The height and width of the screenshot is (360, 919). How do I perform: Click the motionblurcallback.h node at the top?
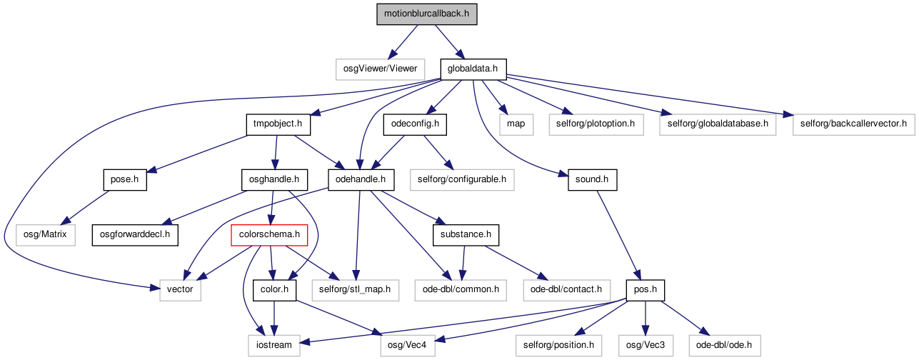click(x=427, y=14)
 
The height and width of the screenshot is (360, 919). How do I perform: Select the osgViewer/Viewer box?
click(x=380, y=69)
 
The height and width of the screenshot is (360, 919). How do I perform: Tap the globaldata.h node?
click(x=473, y=69)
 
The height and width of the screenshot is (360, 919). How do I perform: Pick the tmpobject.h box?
click(x=278, y=124)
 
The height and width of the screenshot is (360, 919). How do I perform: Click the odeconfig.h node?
click(x=415, y=124)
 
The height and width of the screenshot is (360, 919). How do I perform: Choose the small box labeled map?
click(x=516, y=124)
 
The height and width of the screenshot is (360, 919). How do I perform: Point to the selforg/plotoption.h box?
click(x=596, y=124)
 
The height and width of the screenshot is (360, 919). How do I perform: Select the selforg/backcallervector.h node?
click(x=854, y=124)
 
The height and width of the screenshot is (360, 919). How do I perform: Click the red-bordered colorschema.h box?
click(x=269, y=235)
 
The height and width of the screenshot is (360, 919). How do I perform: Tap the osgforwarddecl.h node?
click(x=135, y=235)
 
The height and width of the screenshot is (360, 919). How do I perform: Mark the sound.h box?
click(x=592, y=180)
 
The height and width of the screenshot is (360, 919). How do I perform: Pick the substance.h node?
click(x=466, y=235)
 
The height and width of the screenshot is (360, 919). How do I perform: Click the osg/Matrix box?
click(x=46, y=235)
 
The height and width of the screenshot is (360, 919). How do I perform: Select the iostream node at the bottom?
click(x=274, y=345)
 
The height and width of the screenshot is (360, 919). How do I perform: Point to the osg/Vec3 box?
click(x=646, y=345)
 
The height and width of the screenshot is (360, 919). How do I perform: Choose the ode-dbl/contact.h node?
click(x=566, y=290)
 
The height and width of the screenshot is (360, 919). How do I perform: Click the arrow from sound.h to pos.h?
click(x=618, y=235)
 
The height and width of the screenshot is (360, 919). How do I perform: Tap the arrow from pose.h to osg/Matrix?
click(x=88, y=207)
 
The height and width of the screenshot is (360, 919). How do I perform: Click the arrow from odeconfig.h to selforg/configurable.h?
click(x=438, y=152)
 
